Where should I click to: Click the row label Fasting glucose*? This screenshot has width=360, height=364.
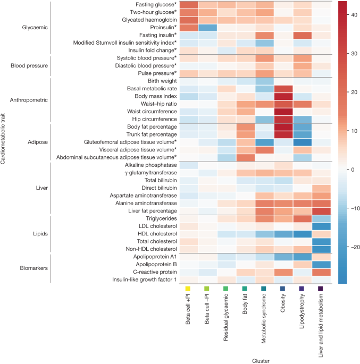155,5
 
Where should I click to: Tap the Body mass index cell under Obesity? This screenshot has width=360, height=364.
283,96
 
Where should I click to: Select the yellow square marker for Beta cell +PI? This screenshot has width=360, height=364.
188,289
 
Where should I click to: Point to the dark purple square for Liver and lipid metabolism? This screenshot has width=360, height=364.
321,289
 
